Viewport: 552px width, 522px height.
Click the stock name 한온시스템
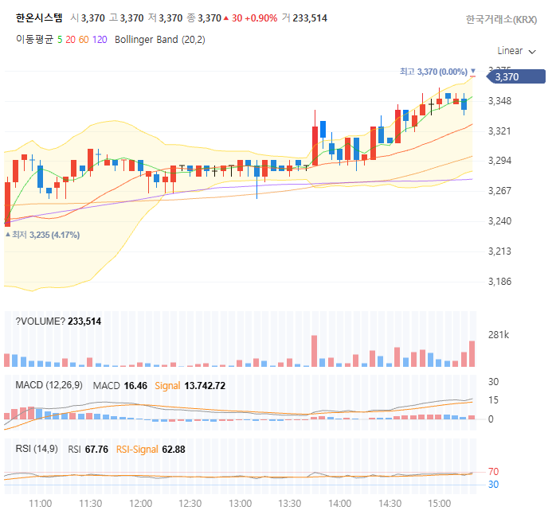pyautogui.click(x=39, y=18)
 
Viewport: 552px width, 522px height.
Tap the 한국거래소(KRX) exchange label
pyautogui.click(x=501, y=19)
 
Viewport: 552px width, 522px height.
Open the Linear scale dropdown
pyautogui.click(x=516, y=51)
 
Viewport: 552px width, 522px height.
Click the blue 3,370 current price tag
pyautogui.click(x=515, y=76)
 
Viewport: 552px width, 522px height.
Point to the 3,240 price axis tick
pyautogui.click(x=499, y=221)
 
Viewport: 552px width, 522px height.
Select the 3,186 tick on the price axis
pyautogui.click(x=499, y=282)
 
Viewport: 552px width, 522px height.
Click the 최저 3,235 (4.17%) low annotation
pyautogui.click(x=42, y=235)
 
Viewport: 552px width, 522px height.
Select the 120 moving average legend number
pyautogui.click(x=100, y=40)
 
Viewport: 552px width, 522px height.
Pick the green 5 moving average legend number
pyautogui.click(x=60, y=40)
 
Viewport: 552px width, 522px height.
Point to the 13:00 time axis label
pyautogui.click(x=240, y=504)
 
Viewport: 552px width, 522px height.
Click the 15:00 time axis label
pyautogui.click(x=440, y=504)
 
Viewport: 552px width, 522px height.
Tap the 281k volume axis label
pyautogui.click(x=499, y=335)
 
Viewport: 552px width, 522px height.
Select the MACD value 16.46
pyautogui.click(x=135, y=386)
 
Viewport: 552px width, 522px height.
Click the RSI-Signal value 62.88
pyautogui.click(x=174, y=450)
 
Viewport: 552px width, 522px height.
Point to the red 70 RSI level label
pyautogui.click(x=494, y=472)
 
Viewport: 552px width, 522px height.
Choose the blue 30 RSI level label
pyautogui.click(x=494, y=485)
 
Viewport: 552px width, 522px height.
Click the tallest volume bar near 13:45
pyautogui.click(x=314, y=351)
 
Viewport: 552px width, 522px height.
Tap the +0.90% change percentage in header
pyautogui.click(x=260, y=18)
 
